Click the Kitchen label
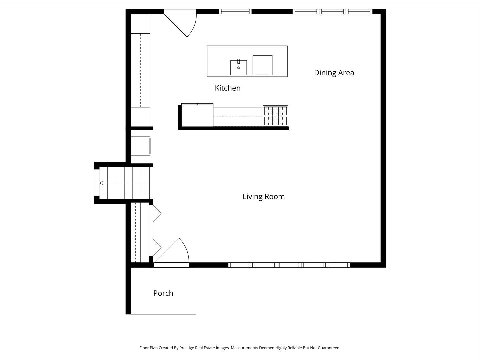point(228,88)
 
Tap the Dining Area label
point(334,73)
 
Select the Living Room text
point(263,197)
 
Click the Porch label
point(163,293)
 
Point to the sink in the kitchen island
point(239,68)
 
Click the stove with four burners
point(276,116)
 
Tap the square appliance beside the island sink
point(262,65)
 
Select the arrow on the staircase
point(101,183)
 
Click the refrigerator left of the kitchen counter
point(197,115)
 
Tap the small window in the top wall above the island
point(235,12)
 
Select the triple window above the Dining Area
point(333,12)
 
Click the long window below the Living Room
point(289,265)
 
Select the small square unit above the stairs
point(140,146)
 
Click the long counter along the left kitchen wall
point(140,70)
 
